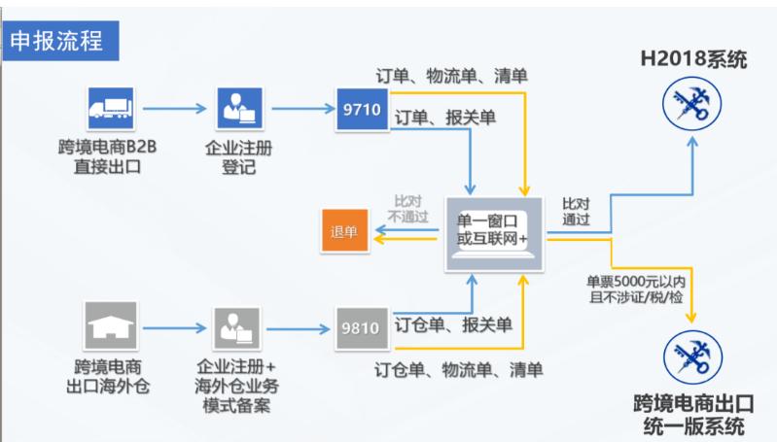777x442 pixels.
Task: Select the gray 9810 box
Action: (x=361, y=326)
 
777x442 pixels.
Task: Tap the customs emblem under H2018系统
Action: (x=693, y=108)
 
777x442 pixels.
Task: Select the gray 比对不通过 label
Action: (x=408, y=208)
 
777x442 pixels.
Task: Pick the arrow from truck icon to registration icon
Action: (x=172, y=107)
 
